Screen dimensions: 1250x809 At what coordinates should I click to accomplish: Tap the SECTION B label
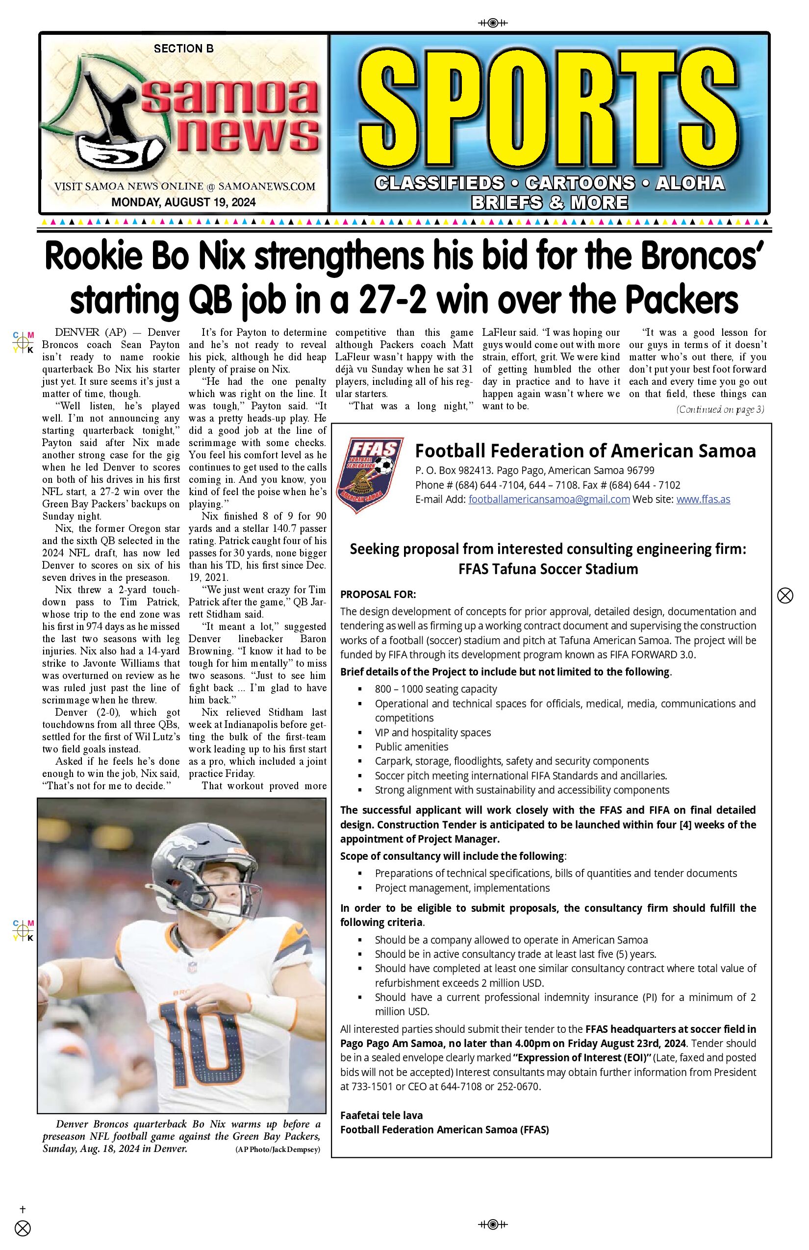(x=183, y=49)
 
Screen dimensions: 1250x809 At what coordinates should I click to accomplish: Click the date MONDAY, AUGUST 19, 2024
(x=183, y=202)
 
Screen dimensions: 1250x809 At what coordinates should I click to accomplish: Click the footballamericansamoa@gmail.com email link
(x=549, y=500)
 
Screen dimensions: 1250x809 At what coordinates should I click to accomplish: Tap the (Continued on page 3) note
(x=720, y=410)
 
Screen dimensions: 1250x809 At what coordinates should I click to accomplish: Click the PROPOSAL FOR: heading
(x=378, y=595)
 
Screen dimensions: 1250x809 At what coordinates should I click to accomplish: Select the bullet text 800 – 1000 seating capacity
(x=435, y=689)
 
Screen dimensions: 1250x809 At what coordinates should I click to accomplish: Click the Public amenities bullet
(x=411, y=747)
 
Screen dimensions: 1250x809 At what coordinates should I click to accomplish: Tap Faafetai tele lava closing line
(x=381, y=1115)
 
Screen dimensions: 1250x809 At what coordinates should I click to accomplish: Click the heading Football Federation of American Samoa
(x=585, y=450)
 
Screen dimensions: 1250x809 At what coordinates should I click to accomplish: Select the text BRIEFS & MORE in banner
(x=549, y=202)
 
